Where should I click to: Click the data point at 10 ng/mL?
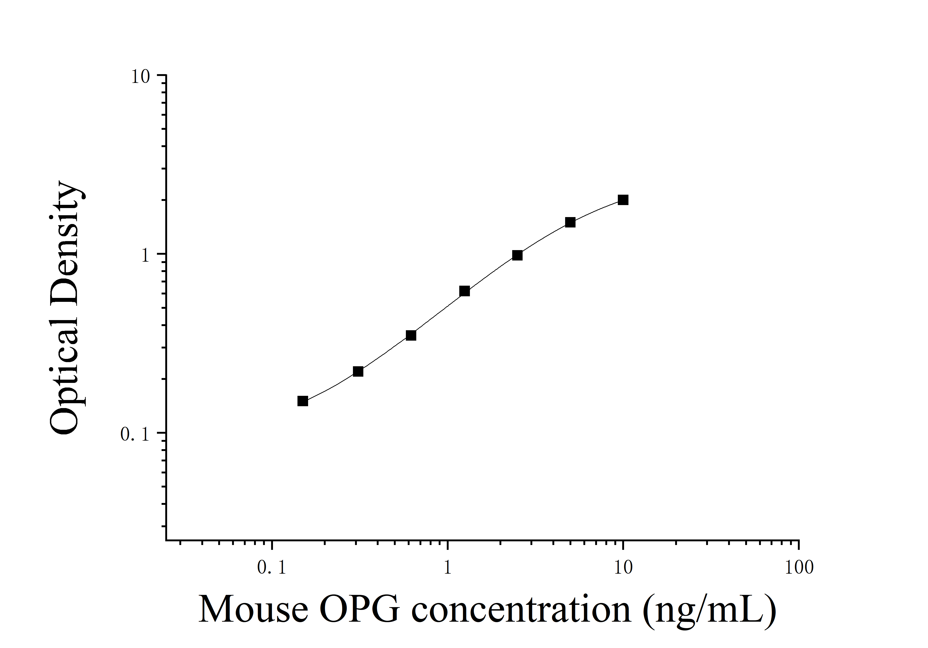point(623,200)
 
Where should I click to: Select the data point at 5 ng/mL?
point(570,222)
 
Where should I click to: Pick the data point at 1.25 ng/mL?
point(464,291)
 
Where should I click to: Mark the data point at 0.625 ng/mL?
point(411,336)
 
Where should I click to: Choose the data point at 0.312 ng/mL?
point(358,371)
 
